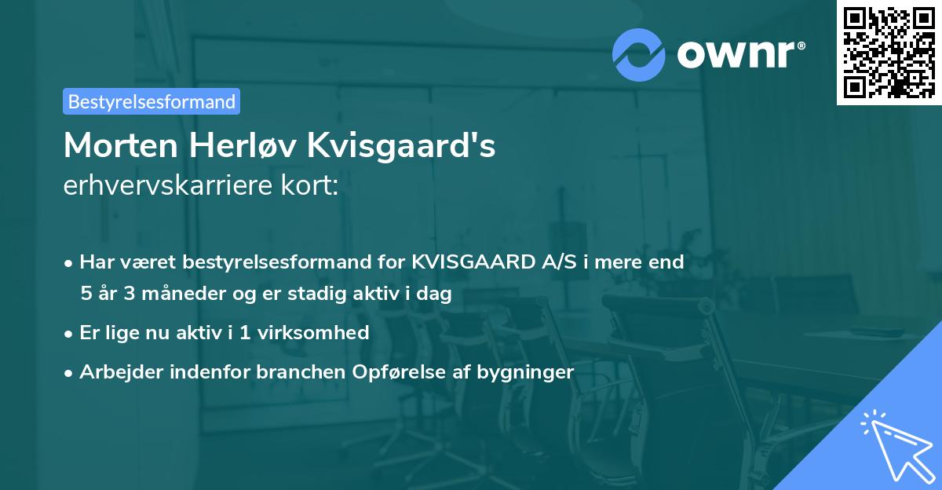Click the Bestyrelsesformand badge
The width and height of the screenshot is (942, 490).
click(152, 101)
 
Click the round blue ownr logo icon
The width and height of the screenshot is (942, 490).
click(639, 54)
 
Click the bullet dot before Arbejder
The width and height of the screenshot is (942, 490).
click(70, 372)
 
